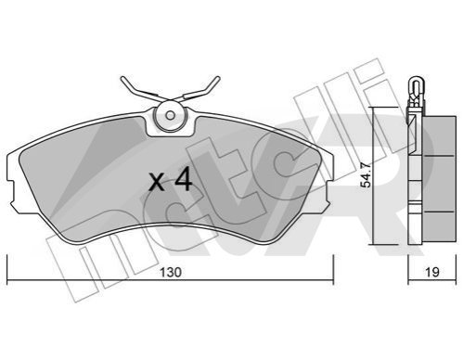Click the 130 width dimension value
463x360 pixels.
[171, 273]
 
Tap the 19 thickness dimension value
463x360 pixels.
[432, 273]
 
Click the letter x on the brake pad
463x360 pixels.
[157, 183]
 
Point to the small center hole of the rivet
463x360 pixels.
[170, 115]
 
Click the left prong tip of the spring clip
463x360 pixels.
[122, 79]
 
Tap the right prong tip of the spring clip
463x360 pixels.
[218, 78]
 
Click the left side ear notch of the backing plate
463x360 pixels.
[12, 192]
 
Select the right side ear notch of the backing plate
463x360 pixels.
[328, 192]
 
